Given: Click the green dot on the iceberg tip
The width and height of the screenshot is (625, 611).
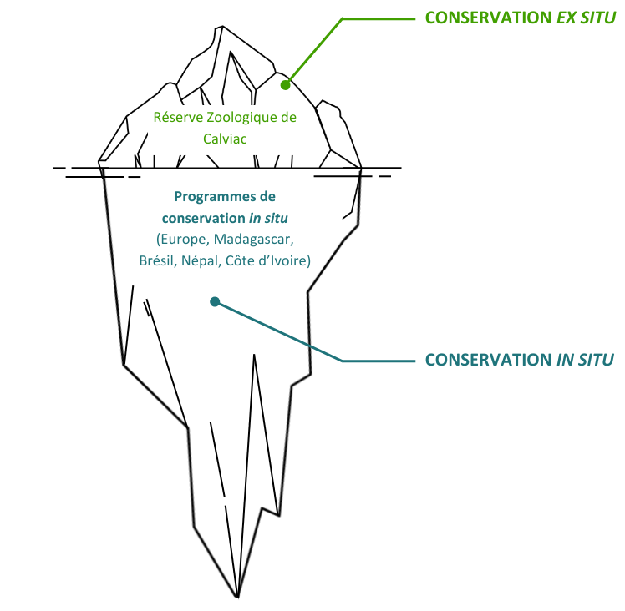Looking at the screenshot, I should (x=285, y=84).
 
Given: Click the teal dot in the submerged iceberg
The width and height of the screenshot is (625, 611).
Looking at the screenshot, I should (x=215, y=302).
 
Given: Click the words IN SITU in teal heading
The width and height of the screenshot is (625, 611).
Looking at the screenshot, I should (x=585, y=360).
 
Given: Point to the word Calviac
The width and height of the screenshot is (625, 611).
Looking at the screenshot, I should (x=225, y=138).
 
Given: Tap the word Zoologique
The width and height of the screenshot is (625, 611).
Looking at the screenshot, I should (x=238, y=118).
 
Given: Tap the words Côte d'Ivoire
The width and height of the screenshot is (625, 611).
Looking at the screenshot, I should (x=274, y=260).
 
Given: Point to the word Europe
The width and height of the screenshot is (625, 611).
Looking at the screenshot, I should (x=182, y=240).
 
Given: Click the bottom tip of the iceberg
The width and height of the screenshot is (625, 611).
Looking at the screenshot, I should (x=238, y=597).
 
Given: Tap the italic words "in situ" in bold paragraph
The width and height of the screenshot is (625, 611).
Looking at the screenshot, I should (x=268, y=218).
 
